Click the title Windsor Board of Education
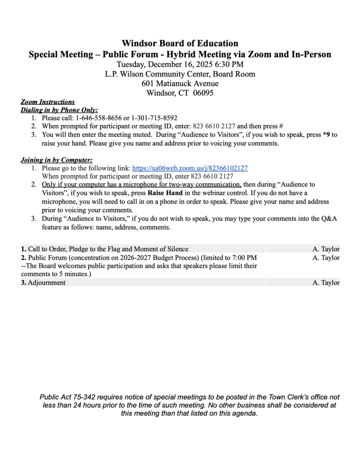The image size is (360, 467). click(x=180, y=43)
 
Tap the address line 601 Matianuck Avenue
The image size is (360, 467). click(x=180, y=83)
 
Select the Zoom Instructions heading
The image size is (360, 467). click(x=48, y=102)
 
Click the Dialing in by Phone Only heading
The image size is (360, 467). click(x=59, y=110)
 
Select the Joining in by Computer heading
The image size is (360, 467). click(x=57, y=160)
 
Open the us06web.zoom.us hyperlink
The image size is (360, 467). click(x=190, y=168)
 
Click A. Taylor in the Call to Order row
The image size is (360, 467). click(x=326, y=249)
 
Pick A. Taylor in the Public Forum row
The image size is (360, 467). click(x=326, y=258)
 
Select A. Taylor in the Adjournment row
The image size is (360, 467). click(x=326, y=283)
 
